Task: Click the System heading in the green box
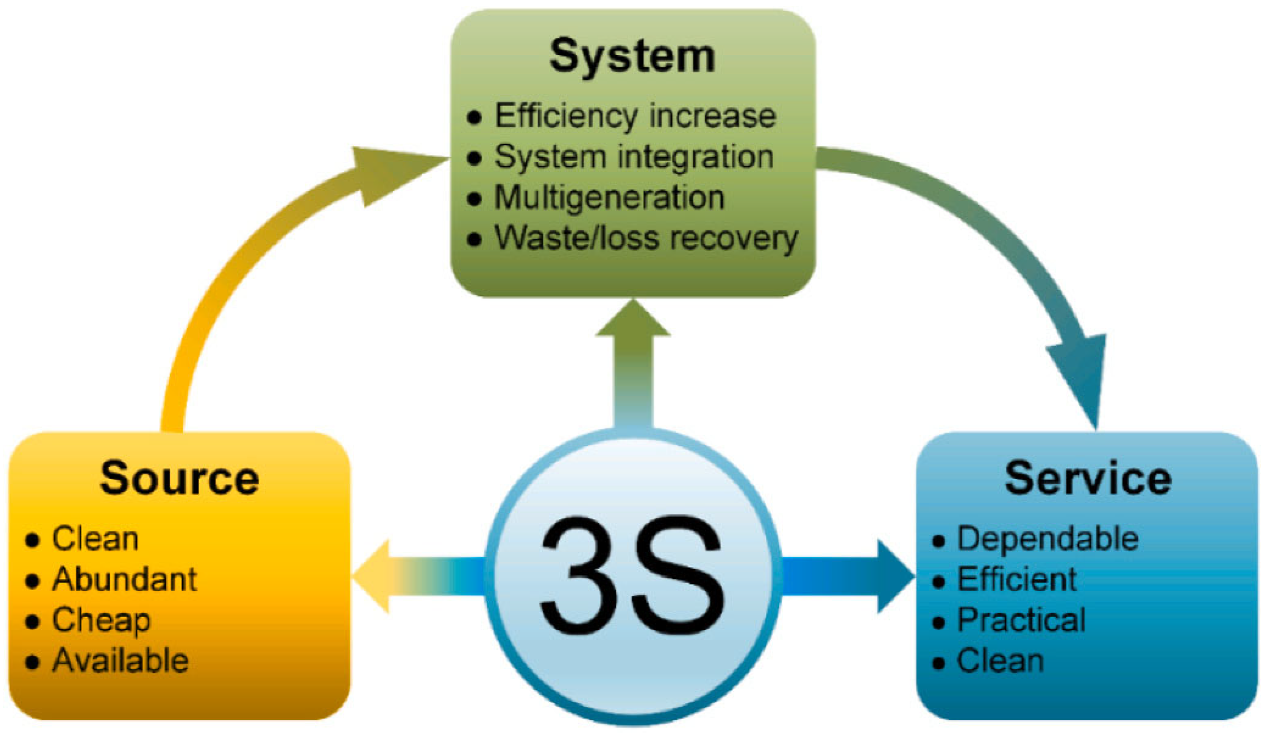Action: [632, 56]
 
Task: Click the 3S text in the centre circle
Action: [632, 577]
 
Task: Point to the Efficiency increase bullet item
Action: [635, 116]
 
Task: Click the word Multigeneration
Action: [610, 197]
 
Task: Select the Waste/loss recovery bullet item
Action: [646, 238]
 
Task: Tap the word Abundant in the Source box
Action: [125, 579]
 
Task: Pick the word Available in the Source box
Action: [120, 661]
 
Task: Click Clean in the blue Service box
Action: [1000, 661]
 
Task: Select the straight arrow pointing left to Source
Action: [416, 577]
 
